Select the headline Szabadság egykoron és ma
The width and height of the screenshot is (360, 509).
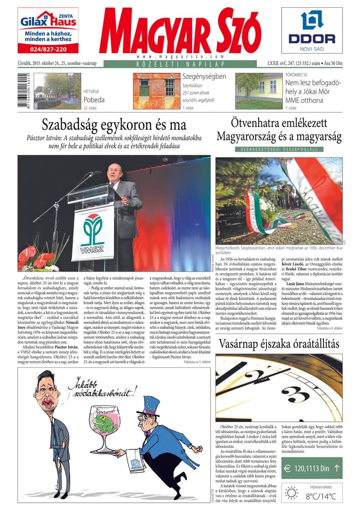pyautogui.click(x=114, y=124)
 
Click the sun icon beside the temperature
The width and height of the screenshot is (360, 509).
pyautogui.click(x=291, y=493)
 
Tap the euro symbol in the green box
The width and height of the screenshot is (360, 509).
pyautogui.click(x=288, y=469)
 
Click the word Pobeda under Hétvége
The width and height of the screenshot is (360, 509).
pyautogui.click(x=94, y=99)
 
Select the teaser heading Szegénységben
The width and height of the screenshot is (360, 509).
pyautogui.click(x=204, y=76)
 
